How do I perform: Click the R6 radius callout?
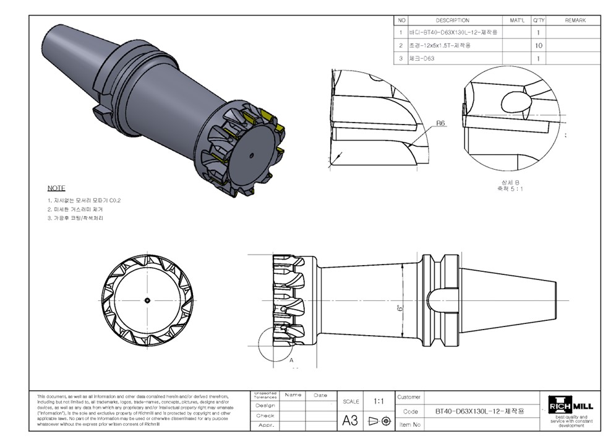[x=441, y=123]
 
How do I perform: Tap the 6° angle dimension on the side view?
[x=400, y=307]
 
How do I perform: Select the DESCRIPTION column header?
[x=452, y=20]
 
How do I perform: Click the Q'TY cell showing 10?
[x=538, y=46]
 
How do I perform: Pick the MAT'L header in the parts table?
[x=516, y=20]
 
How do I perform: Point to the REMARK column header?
[x=575, y=20]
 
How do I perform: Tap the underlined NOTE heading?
[x=56, y=188]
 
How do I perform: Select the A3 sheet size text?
[x=350, y=421]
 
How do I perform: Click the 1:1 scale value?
[x=379, y=401]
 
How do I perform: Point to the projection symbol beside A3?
[x=380, y=421]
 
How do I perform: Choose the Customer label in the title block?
[x=409, y=397]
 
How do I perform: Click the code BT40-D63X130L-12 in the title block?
[x=480, y=411]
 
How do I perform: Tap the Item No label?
[x=410, y=424]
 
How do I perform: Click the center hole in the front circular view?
[x=147, y=300]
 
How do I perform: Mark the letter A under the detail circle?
[x=291, y=359]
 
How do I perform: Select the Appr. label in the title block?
[x=265, y=426]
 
